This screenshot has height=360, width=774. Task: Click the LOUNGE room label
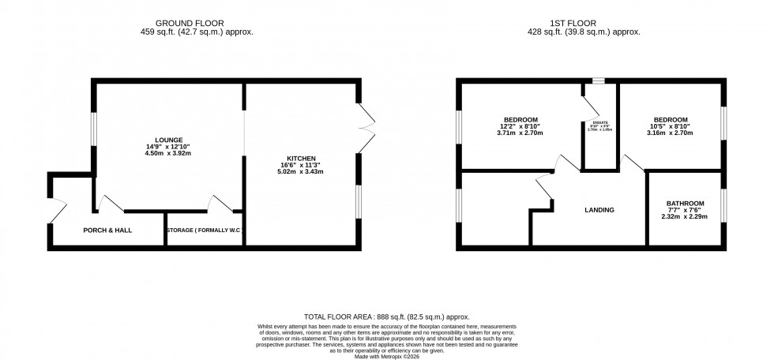(169, 138)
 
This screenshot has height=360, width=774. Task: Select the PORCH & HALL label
(107, 231)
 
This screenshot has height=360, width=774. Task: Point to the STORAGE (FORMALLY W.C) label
(205, 231)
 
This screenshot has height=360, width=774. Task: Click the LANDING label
(599, 210)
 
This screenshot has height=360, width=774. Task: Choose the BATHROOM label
(685, 204)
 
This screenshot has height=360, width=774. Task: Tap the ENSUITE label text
(599, 122)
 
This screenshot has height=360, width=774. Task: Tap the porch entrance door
(54, 211)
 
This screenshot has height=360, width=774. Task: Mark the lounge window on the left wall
(93, 129)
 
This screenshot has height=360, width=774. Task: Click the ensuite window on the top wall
(599, 81)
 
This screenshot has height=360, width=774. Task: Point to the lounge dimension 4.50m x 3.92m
(169, 153)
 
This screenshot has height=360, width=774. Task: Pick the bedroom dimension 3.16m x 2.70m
(670, 133)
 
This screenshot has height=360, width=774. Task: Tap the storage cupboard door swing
(220, 203)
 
